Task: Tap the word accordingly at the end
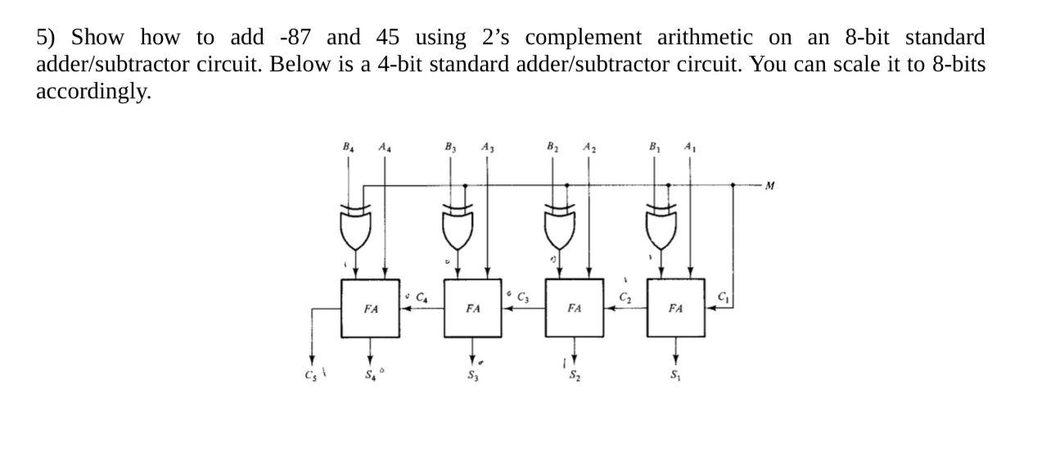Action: click(92, 91)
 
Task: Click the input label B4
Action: click(348, 148)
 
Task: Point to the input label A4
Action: click(385, 148)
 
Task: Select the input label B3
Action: click(449, 148)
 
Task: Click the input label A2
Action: click(589, 148)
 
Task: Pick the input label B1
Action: click(653, 148)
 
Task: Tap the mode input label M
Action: click(768, 186)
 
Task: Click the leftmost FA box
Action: click(370, 308)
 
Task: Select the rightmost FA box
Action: click(675, 308)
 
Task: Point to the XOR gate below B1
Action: click(661, 227)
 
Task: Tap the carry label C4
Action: click(422, 297)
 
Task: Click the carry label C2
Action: click(625, 297)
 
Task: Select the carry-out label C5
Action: click(309, 375)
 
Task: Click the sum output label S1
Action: click(675, 376)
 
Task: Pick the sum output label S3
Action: click(472, 376)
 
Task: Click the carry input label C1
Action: click(724, 297)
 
